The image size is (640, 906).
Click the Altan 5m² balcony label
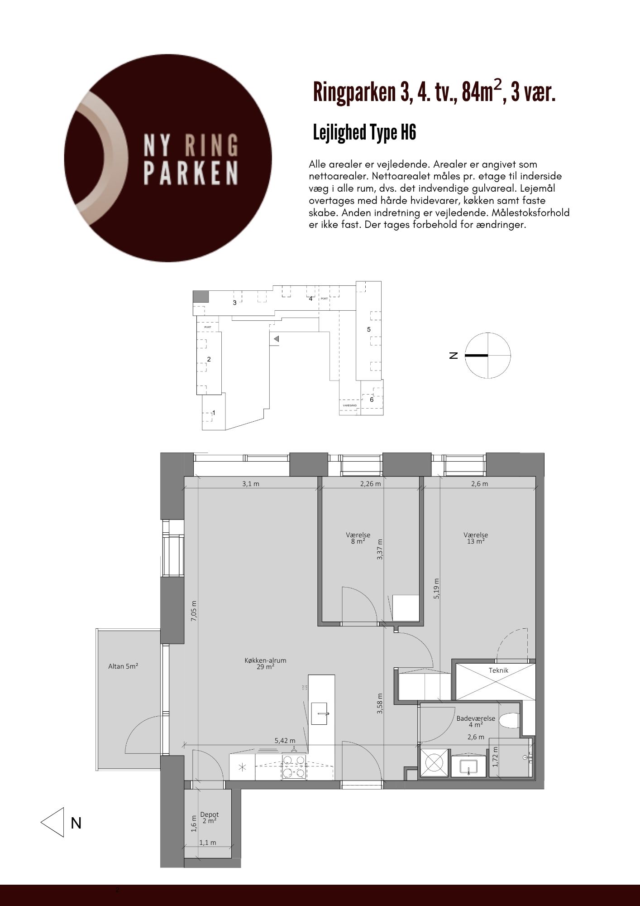[123, 666]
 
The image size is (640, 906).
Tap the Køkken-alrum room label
[265, 664]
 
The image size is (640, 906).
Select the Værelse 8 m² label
[358, 538]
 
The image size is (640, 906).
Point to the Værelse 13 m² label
[476, 538]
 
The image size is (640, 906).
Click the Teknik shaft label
[498, 670]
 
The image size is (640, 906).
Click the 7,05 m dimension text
[194, 611]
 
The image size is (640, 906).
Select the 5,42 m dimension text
[285, 741]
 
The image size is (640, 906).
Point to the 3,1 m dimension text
[251, 484]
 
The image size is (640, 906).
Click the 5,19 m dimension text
[436, 589]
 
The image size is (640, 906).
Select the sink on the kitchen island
[322, 714]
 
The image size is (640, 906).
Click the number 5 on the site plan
[369, 329]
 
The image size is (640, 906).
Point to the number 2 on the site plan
[209, 359]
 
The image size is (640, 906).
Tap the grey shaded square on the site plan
[201, 296]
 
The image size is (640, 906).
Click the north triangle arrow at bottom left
[53, 822]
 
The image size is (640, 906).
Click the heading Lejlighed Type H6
[364, 133]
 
